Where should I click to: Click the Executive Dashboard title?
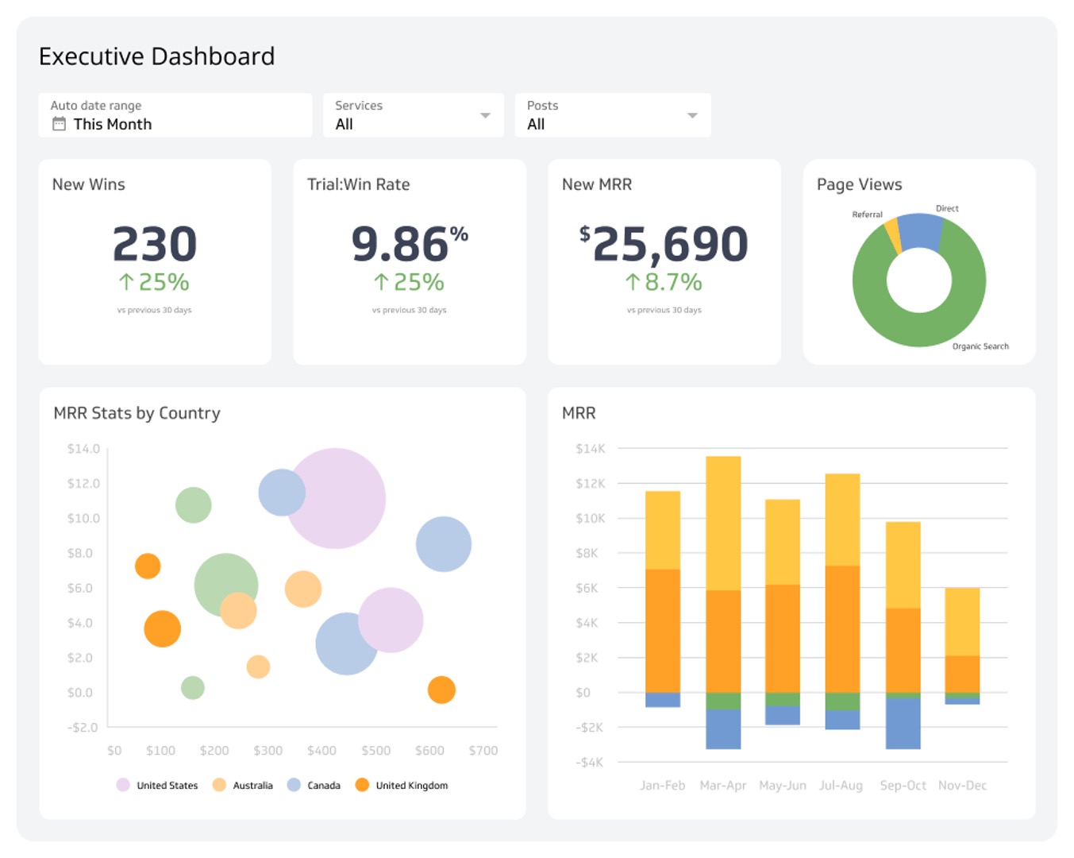(x=156, y=56)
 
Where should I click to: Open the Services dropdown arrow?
(x=485, y=116)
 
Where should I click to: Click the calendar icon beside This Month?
(x=59, y=124)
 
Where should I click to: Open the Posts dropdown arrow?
(x=692, y=116)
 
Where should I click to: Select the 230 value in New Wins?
(x=155, y=244)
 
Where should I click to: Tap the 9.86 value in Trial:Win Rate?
(x=400, y=244)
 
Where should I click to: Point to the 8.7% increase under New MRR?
(x=664, y=282)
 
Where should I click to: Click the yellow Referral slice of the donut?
(x=893, y=235)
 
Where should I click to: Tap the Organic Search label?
(x=980, y=346)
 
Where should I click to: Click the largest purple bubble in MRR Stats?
(x=336, y=498)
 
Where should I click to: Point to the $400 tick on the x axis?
(x=321, y=751)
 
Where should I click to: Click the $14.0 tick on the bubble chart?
(x=83, y=449)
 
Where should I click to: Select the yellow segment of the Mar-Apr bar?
(x=723, y=523)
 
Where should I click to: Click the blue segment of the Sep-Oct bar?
(x=903, y=723)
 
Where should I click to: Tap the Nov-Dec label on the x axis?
(x=962, y=786)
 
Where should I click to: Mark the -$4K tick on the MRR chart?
(x=589, y=763)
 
